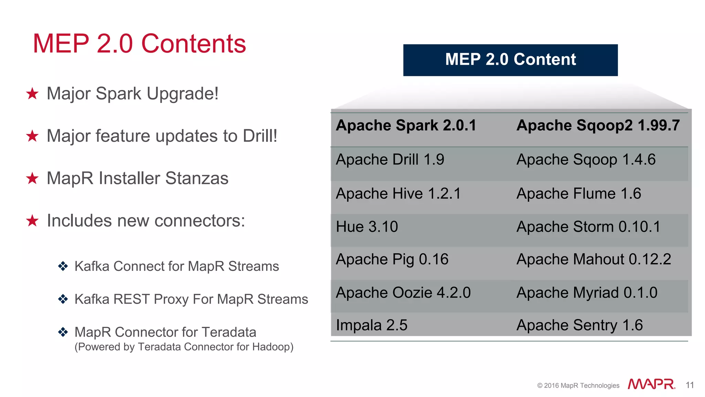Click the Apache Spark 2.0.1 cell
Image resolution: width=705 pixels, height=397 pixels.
click(406, 125)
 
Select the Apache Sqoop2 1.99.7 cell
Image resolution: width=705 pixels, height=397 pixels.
click(598, 125)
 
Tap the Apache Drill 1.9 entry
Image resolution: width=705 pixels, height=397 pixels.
click(390, 160)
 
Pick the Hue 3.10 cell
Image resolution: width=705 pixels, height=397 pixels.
click(367, 227)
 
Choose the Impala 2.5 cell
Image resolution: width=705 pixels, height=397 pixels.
click(371, 325)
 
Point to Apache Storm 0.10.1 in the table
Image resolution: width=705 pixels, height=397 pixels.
click(588, 227)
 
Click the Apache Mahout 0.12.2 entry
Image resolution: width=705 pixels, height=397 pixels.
click(593, 259)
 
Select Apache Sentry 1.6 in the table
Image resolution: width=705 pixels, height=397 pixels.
click(579, 325)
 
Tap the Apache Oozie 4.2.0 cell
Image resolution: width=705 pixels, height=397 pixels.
click(403, 293)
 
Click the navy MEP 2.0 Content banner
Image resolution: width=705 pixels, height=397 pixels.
click(510, 60)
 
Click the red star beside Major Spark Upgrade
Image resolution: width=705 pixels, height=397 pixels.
click(32, 93)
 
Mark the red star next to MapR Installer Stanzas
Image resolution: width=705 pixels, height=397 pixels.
click(32, 178)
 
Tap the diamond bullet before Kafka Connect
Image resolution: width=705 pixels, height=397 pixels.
click(63, 266)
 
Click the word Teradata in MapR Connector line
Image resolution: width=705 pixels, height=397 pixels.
click(229, 332)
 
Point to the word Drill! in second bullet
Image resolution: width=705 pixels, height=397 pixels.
click(260, 136)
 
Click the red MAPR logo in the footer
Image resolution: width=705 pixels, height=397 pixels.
click(651, 384)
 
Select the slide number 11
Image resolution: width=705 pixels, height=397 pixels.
click(690, 385)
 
